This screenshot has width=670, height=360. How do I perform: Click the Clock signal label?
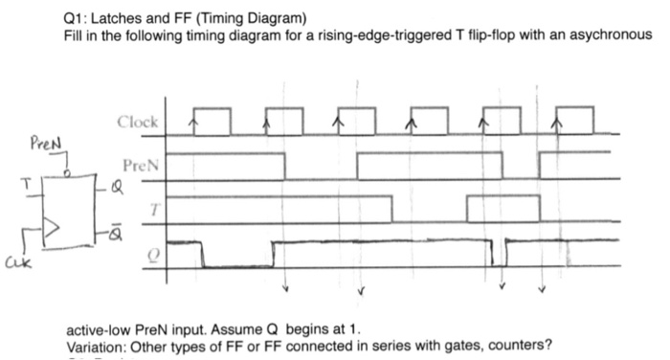click(x=139, y=123)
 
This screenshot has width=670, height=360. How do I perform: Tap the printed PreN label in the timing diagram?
click(x=140, y=165)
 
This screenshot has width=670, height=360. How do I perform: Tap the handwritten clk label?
click(x=16, y=257)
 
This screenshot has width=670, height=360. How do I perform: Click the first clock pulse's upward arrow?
click(x=194, y=123)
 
